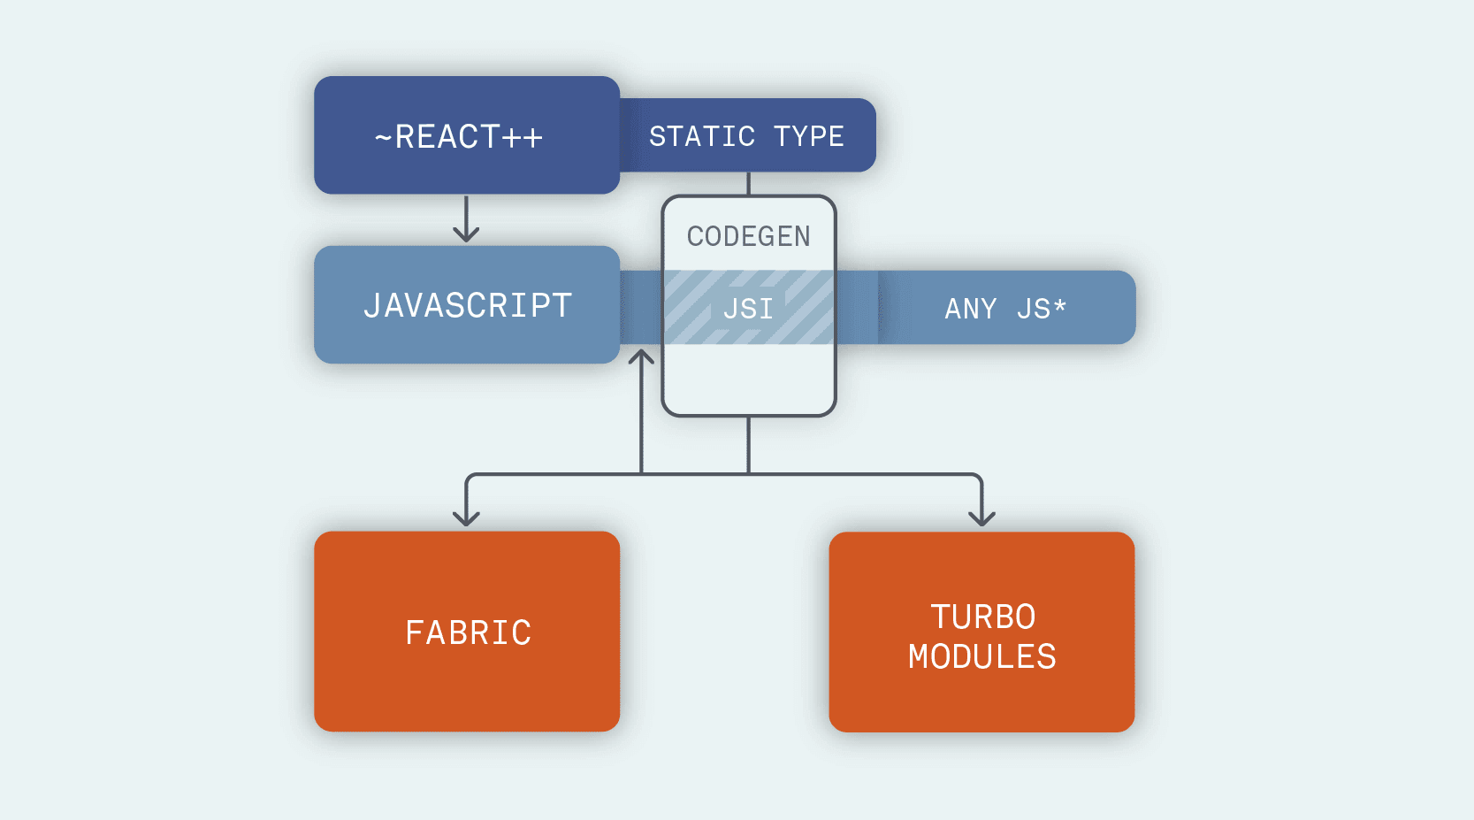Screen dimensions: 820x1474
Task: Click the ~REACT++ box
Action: (x=466, y=135)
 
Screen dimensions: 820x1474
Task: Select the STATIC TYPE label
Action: (x=746, y=136)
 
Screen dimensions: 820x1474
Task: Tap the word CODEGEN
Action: (x=748, y=236)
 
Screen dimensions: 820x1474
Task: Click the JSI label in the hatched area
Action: (x=748, y=309)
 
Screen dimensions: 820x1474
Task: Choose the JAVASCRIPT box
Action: (x=466, y=305)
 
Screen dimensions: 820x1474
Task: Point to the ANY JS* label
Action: (x=1005, y=309)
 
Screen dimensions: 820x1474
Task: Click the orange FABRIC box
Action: (x=466, y=632)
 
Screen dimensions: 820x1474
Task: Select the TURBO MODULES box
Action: (x=981, y=632)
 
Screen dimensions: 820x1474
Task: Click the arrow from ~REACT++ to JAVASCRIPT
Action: (x=466, y=219)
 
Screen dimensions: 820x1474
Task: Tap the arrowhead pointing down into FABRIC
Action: (x=466, y=517)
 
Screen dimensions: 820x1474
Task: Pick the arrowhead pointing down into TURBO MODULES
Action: (x=981, y=517)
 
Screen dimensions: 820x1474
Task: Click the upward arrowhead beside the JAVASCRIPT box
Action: (x=641, y=357)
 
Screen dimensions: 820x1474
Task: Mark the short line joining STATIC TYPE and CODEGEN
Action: (x=748, y=184)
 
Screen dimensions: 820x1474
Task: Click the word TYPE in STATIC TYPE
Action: (x=808, y=136)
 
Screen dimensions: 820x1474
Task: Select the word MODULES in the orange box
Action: (x=981, y=657)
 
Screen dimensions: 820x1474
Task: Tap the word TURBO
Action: (x=982, y=617)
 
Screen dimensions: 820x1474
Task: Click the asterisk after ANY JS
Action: (x=1059, y=306)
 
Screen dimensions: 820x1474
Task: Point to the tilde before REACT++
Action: (x=383, y=138)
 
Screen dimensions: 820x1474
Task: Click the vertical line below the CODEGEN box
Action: (x=748, y=444)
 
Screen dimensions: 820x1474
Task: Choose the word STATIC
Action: (x=702, y=136)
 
